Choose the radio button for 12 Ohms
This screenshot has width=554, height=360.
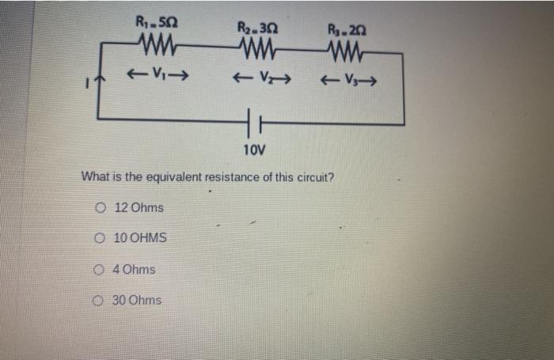click(101, 208)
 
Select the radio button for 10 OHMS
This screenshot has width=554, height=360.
click(101, 238)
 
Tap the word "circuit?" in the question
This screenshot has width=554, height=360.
click(314, 176)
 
